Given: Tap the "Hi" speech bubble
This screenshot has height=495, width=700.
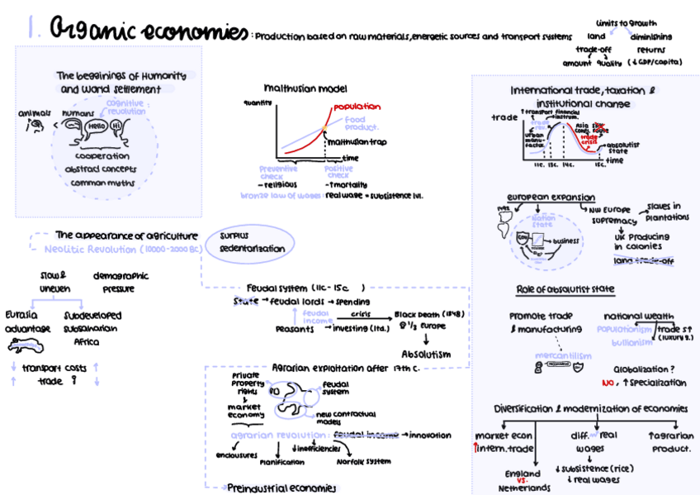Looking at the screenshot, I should point(116,126).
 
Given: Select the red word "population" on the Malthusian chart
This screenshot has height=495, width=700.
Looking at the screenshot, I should point(357,107).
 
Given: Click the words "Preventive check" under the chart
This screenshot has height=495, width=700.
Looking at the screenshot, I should point(278,171).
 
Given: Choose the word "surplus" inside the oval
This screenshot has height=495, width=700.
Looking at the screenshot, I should point(234,235).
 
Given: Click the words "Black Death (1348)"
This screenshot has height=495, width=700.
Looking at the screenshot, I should point(428,315).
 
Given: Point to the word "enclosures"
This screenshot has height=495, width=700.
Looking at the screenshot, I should point(236,454).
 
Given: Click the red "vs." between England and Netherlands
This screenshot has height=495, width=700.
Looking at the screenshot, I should point(523,480).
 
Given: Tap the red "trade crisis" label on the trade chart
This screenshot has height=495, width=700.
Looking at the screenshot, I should point(589,139).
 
